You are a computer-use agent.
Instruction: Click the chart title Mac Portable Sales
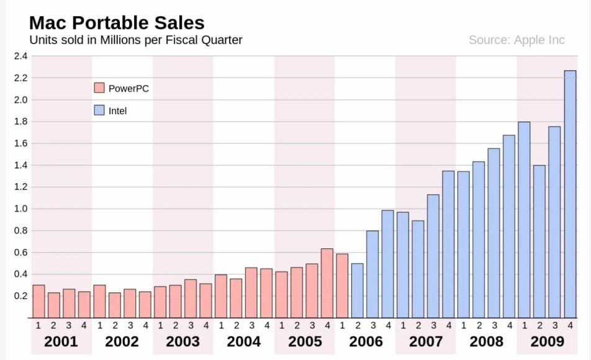click(x=117, y=23)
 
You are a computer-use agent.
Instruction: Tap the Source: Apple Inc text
click(x=517, y=40)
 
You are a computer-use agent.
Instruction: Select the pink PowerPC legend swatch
click(x=99, y=88)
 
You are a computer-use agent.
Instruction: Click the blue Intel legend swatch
click(x=99, y=110)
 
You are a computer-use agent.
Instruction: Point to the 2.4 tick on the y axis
click(x=20, y=56)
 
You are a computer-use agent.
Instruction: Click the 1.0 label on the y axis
click(x=20, y=209)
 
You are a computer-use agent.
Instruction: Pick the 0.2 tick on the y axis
click(x=20, y=296)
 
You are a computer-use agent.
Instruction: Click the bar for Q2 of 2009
click(x=539, y=242)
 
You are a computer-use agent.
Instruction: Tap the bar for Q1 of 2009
click(x=524, y=220)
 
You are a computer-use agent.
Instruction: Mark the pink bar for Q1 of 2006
click(x=342, y=286)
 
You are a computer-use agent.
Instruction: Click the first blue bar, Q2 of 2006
click(x=358, y=291)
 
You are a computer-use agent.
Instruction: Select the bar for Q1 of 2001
click(x=38, y=302)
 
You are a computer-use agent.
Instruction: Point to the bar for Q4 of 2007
click(x=448, y=245)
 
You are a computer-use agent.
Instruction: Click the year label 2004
click(x=244, y=341)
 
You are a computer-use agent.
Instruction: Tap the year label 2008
click(x=487, y=341)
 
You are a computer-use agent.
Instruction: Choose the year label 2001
click(x=61, y=341)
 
